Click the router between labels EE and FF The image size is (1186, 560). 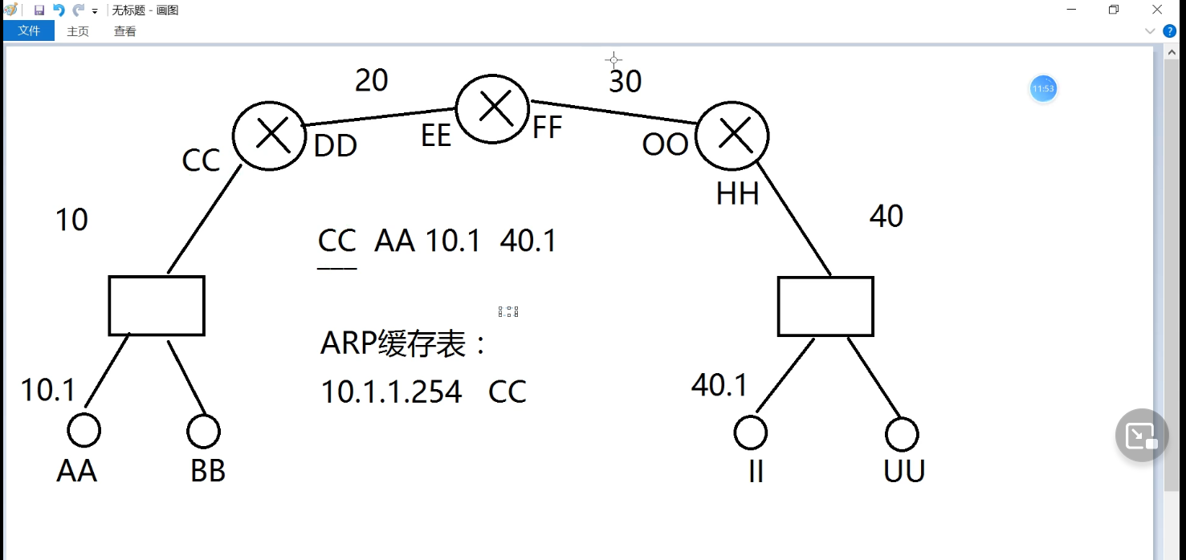pos(493,107)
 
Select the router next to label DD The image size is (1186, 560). pos(271,134)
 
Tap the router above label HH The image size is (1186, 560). pos(732,136)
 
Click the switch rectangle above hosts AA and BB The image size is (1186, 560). pos(157,305)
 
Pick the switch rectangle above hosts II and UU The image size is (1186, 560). pos(825,306)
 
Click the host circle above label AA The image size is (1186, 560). pos(84,431)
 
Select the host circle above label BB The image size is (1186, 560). pos(203,432)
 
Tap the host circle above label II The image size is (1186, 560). pos(751,432)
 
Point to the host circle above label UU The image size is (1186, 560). pos(902,434)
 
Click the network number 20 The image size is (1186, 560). pos(371,80)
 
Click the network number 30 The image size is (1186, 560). pos(625,81)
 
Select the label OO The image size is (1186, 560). pos(665,145)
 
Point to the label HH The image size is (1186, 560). pos(737,194)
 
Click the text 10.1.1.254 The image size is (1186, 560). pos(391,392)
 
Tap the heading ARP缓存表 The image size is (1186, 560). pos(403,344)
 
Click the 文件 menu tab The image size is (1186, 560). pos(29,31)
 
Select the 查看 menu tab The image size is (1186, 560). pos(124,31)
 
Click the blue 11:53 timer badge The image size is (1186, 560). pos(1043,88)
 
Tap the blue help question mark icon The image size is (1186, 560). pos(1169,31)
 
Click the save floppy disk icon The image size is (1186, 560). pos(39,10)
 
